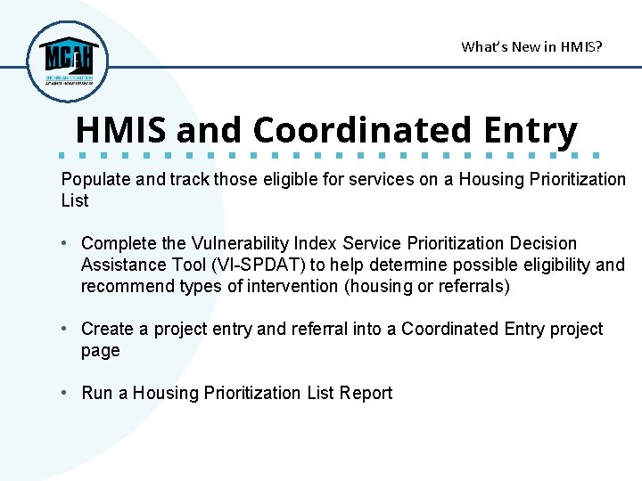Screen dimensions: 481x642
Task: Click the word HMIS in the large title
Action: tap(122, 130)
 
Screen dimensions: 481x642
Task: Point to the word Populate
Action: tap(95, 179)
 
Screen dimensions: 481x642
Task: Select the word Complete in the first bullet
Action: tap(119, 243)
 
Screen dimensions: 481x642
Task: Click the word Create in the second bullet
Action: tap(107, 329)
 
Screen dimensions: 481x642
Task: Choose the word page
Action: tap(100, 350)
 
